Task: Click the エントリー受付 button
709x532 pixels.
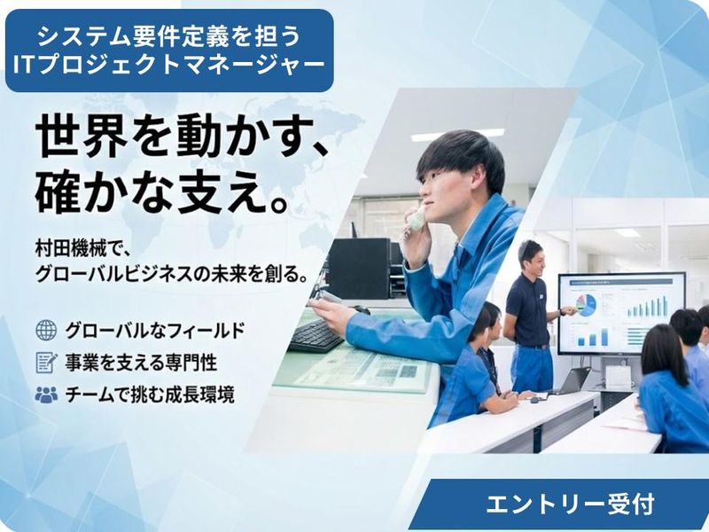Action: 570,505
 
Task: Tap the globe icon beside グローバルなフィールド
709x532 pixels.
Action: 46,331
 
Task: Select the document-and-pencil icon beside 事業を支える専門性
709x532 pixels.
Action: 46,363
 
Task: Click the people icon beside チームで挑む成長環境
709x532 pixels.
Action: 46,395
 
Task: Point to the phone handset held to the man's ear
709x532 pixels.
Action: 416,218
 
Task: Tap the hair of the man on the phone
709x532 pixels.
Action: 460,155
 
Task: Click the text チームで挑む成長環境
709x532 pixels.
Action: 150,395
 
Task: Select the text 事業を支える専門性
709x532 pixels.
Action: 141,363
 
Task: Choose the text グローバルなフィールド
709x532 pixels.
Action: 155,331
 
